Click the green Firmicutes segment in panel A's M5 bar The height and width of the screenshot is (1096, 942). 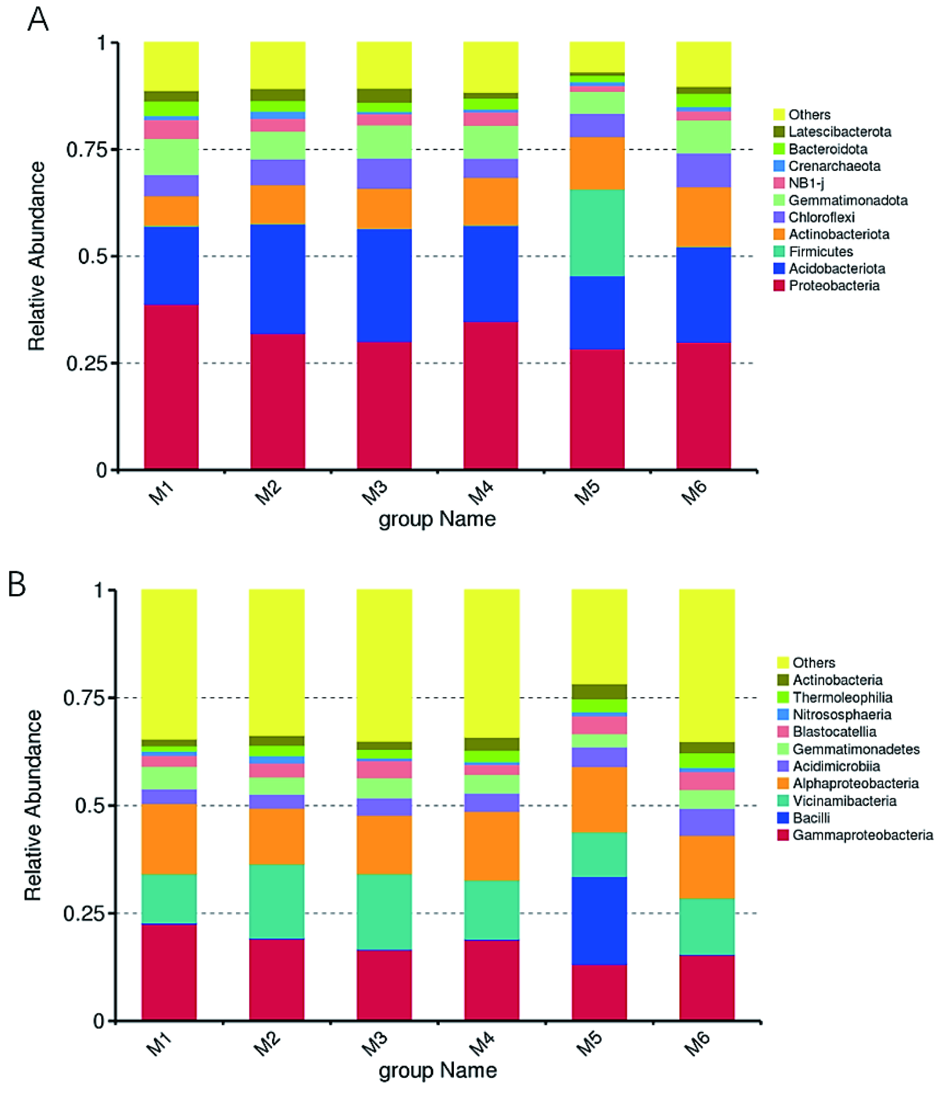tap(597, 233)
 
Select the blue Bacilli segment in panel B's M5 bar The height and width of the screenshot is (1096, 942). tap(599, 921)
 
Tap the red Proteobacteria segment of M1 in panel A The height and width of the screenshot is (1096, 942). tap(171, 387)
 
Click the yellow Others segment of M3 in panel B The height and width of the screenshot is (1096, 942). tap(384, 665)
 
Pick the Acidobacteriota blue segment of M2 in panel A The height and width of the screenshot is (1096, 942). tap(278, 279)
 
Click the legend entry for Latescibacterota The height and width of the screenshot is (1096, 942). tap(832, 132)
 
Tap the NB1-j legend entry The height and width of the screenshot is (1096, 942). tap(799, 183)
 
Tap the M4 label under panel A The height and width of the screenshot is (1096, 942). tap(481, 493)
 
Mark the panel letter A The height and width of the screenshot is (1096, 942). tap(38, 20)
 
